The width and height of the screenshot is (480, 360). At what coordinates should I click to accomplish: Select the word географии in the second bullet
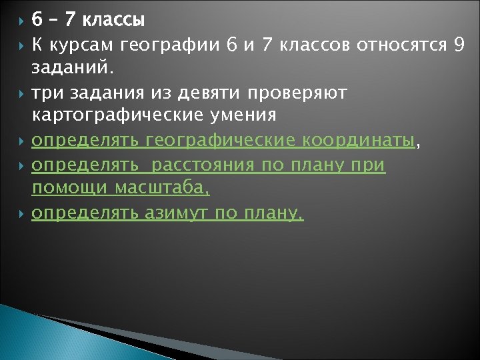tap(171, 46)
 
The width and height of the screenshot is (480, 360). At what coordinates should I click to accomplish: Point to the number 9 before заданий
tap(457, 46)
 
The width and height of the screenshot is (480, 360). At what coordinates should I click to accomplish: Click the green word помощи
tap(70, 189)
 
